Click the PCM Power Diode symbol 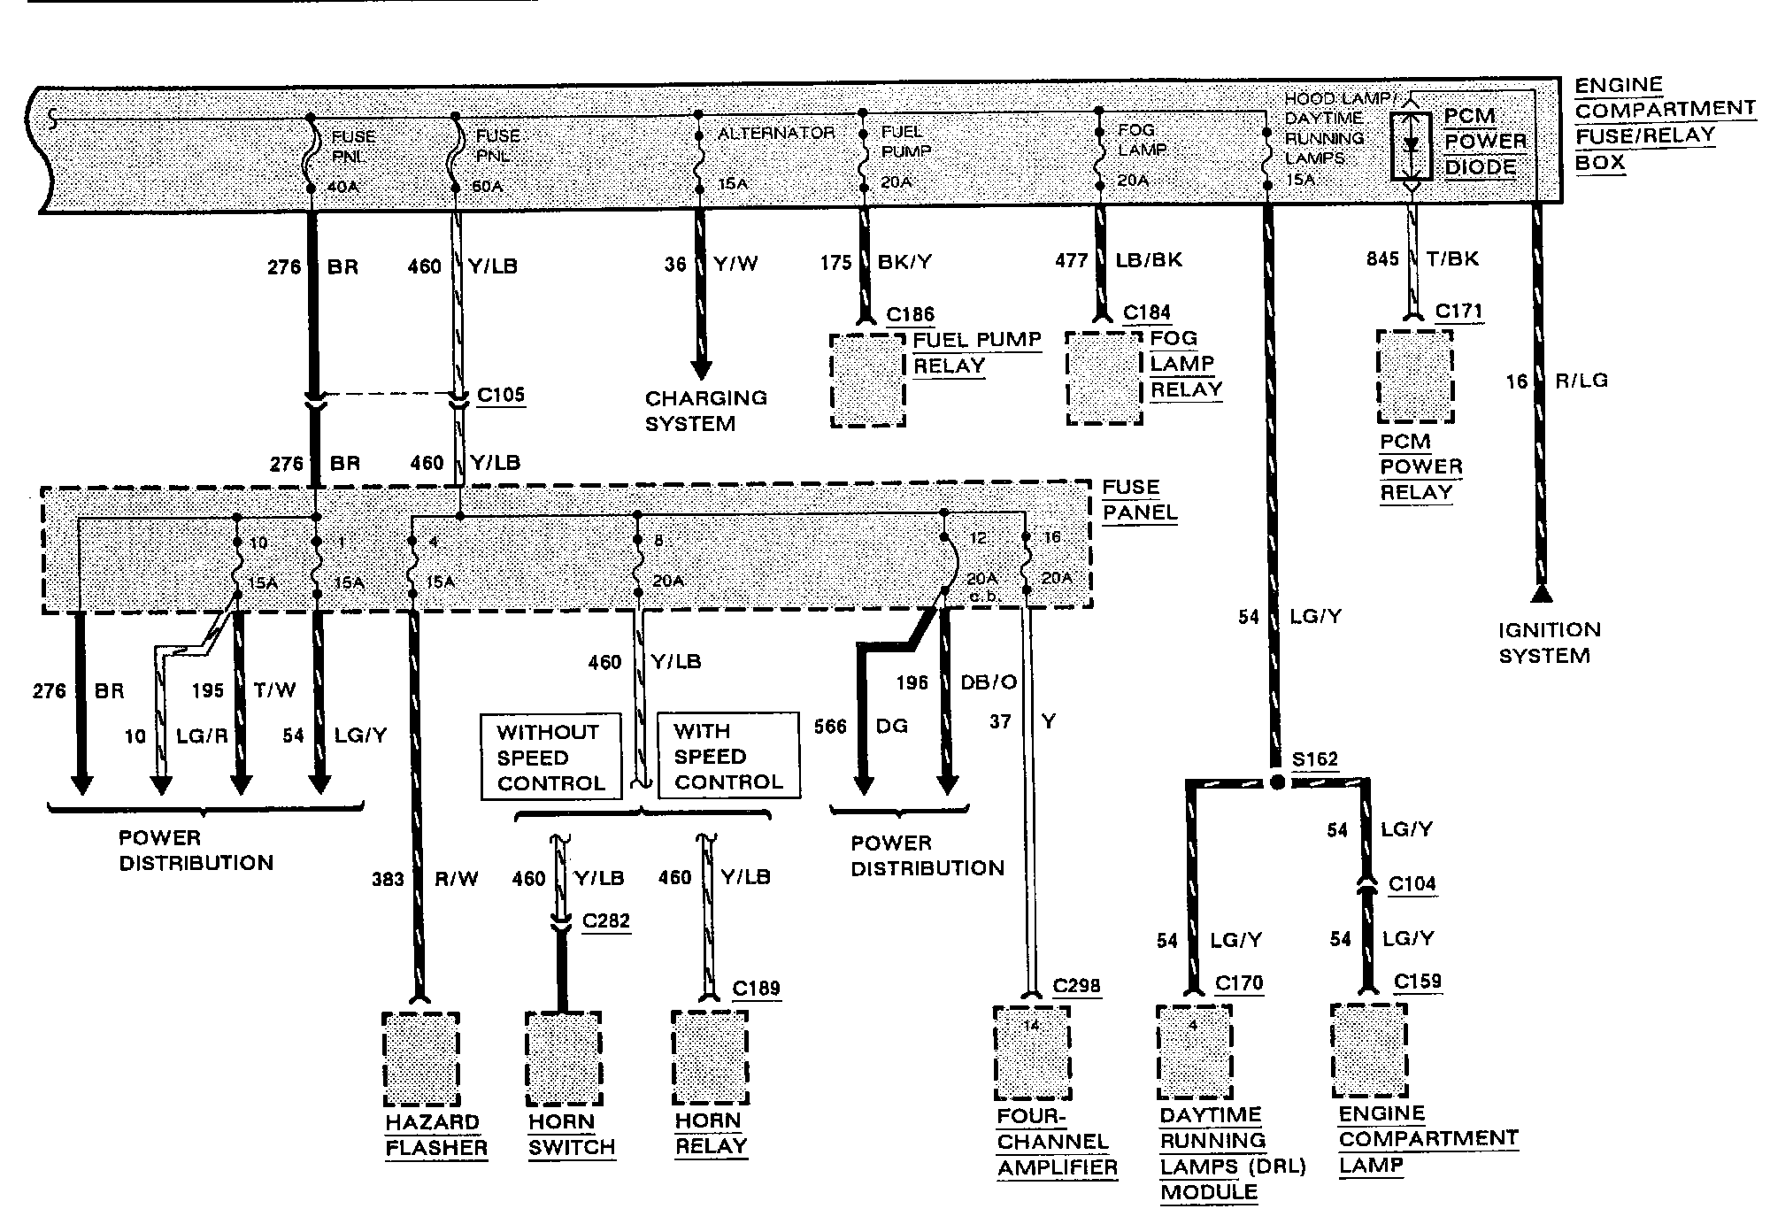(1411, 145)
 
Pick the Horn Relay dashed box (710, 1059)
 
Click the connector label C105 (501, 395)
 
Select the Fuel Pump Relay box (867, 381)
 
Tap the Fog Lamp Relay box (1104, 379)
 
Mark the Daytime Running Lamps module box (1195, 1052)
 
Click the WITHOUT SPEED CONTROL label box (551, 758)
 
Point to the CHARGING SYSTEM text (705, 411)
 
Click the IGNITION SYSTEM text (1549, 643)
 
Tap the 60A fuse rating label (488, 188)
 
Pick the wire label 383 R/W (425, 879)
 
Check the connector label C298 (1076, 986)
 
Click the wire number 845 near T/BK (1382, 258)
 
